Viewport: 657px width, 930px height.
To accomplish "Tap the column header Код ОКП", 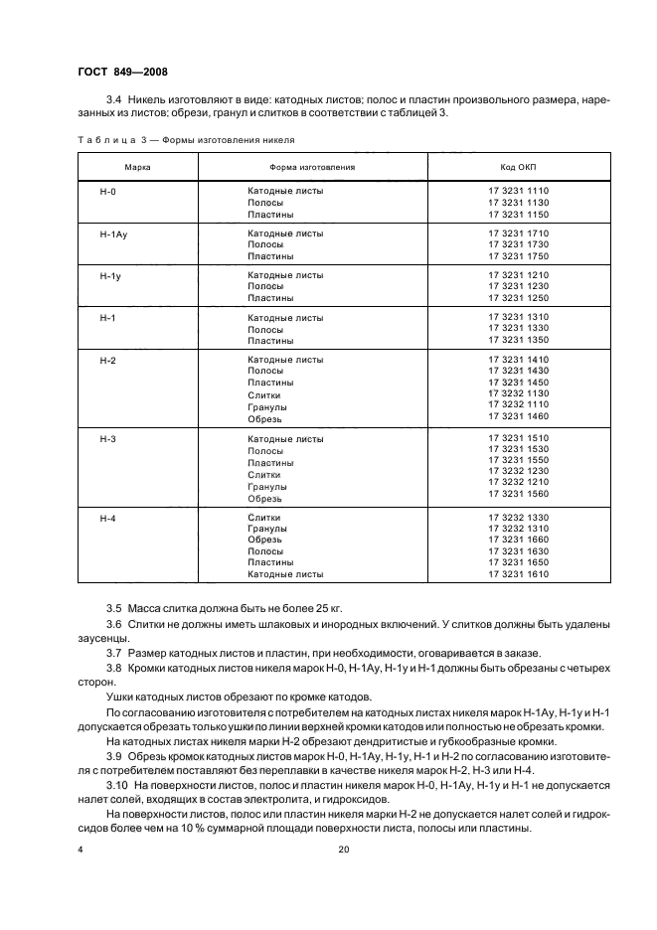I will [x=518, y=166].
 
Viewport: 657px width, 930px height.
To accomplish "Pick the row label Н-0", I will [x=108, y=191].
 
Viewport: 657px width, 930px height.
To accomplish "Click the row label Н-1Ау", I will [x=113, y=232].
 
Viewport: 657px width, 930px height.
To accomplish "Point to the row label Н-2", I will [x=108, y=360].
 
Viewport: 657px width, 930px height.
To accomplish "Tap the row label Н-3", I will [x=108, y=438].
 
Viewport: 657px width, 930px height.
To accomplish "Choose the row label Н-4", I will [x=108, y=518].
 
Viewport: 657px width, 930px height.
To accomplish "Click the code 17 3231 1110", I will [x=518, y=191].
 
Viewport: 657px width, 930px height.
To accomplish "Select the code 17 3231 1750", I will [x=518, y=256].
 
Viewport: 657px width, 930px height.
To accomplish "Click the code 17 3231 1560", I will [x=518, y=494].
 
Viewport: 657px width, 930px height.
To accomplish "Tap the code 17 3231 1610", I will [x=518, y=573].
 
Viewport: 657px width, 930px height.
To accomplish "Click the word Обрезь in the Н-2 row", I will [x=264, y=418].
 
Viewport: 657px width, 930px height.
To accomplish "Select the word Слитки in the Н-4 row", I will [x=264, y=518].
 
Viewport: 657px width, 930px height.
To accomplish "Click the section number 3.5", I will [x=113, y=607].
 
